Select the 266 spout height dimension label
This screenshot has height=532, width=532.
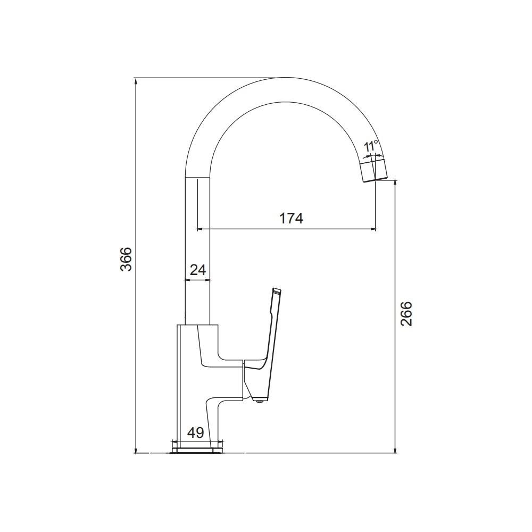(406, 313)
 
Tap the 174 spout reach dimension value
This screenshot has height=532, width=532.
(291, 219)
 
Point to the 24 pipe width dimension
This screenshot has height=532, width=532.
(198, 270)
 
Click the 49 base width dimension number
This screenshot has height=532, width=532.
(196, 433)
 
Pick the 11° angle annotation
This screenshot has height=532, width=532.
(371, 147)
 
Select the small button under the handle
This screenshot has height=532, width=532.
(259, 401)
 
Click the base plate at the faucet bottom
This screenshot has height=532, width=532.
(198, 450)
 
